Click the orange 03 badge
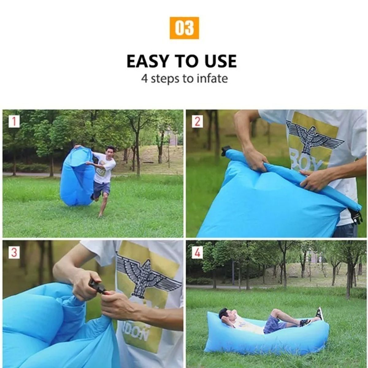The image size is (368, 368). pos(184,28)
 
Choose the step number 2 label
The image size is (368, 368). pos(197,121)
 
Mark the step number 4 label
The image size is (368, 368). pos(197,253)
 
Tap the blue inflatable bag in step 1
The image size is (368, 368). pos(77,178)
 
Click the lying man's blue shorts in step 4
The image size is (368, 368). pos(273,324)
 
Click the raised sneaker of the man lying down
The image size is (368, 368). pos(320,313)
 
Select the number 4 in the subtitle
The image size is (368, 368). pos(144,79)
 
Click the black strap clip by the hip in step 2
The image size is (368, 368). pos(355,216)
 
